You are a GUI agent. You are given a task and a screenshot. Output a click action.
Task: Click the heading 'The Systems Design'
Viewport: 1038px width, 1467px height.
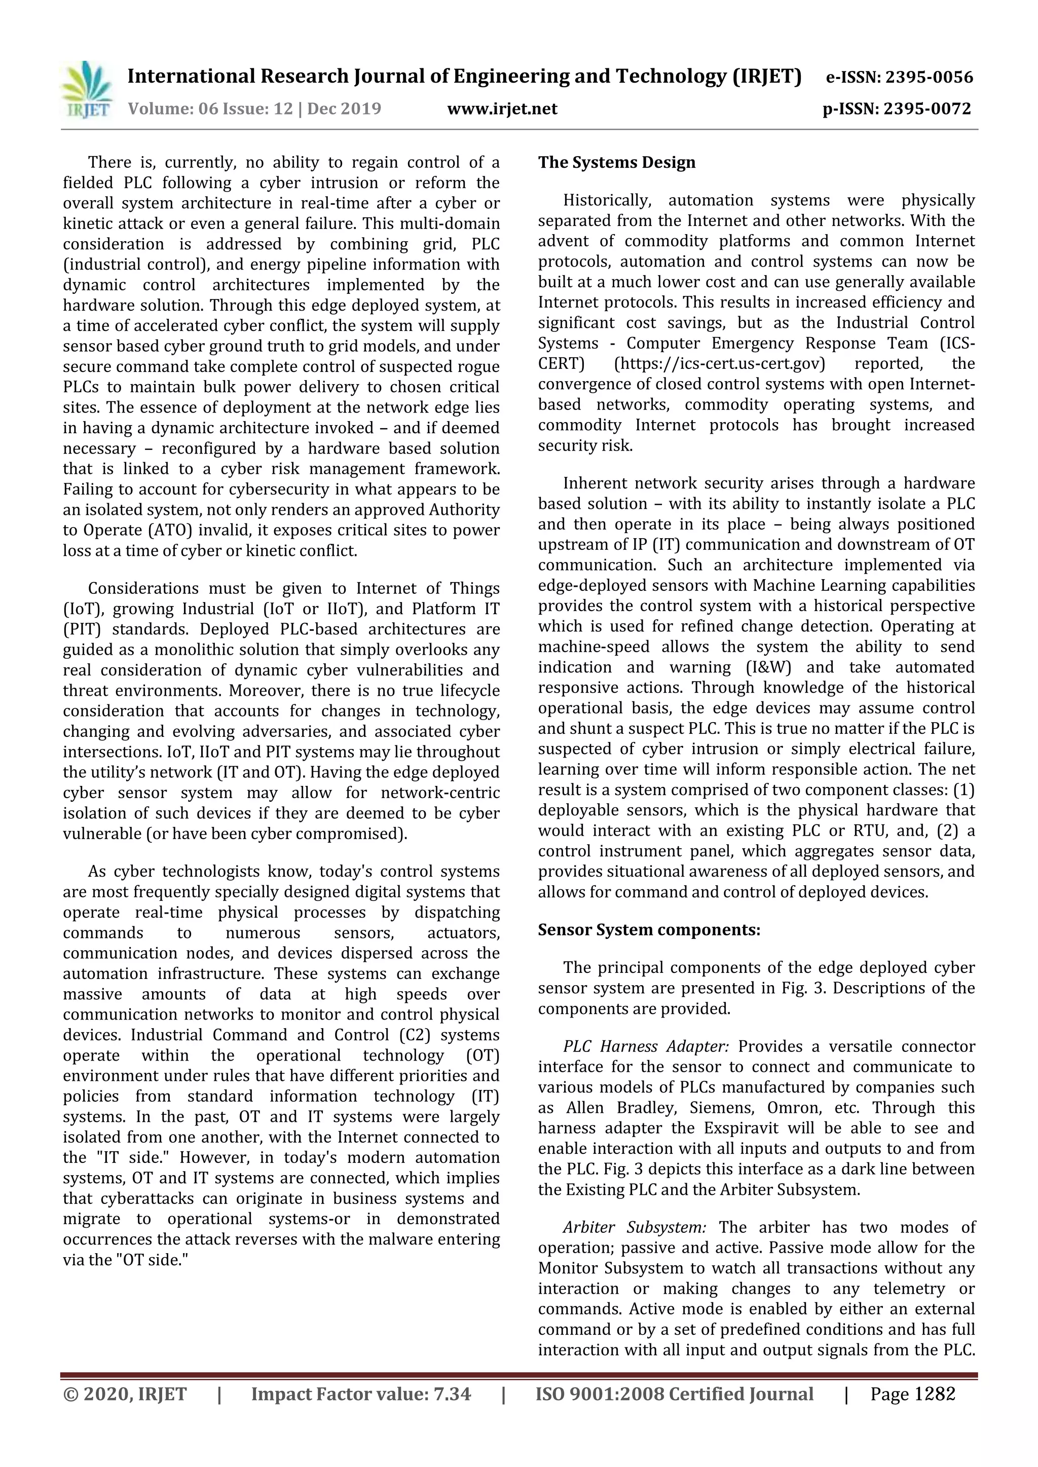(x=616, y=163)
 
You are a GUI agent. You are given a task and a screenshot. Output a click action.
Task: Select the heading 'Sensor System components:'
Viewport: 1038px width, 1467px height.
(x=649, y=930)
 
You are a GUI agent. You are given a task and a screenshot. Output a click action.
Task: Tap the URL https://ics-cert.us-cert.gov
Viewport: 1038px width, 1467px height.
(x=719, y=364)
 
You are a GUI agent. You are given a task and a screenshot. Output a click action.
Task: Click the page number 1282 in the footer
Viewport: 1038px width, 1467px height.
(x=935, y=1394)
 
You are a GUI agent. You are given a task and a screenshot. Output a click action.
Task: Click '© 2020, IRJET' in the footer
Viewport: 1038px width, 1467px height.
(x=125, y=1394)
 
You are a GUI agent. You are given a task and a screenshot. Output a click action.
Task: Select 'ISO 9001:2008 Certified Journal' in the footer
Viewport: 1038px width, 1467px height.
(x=674, y=1394)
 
